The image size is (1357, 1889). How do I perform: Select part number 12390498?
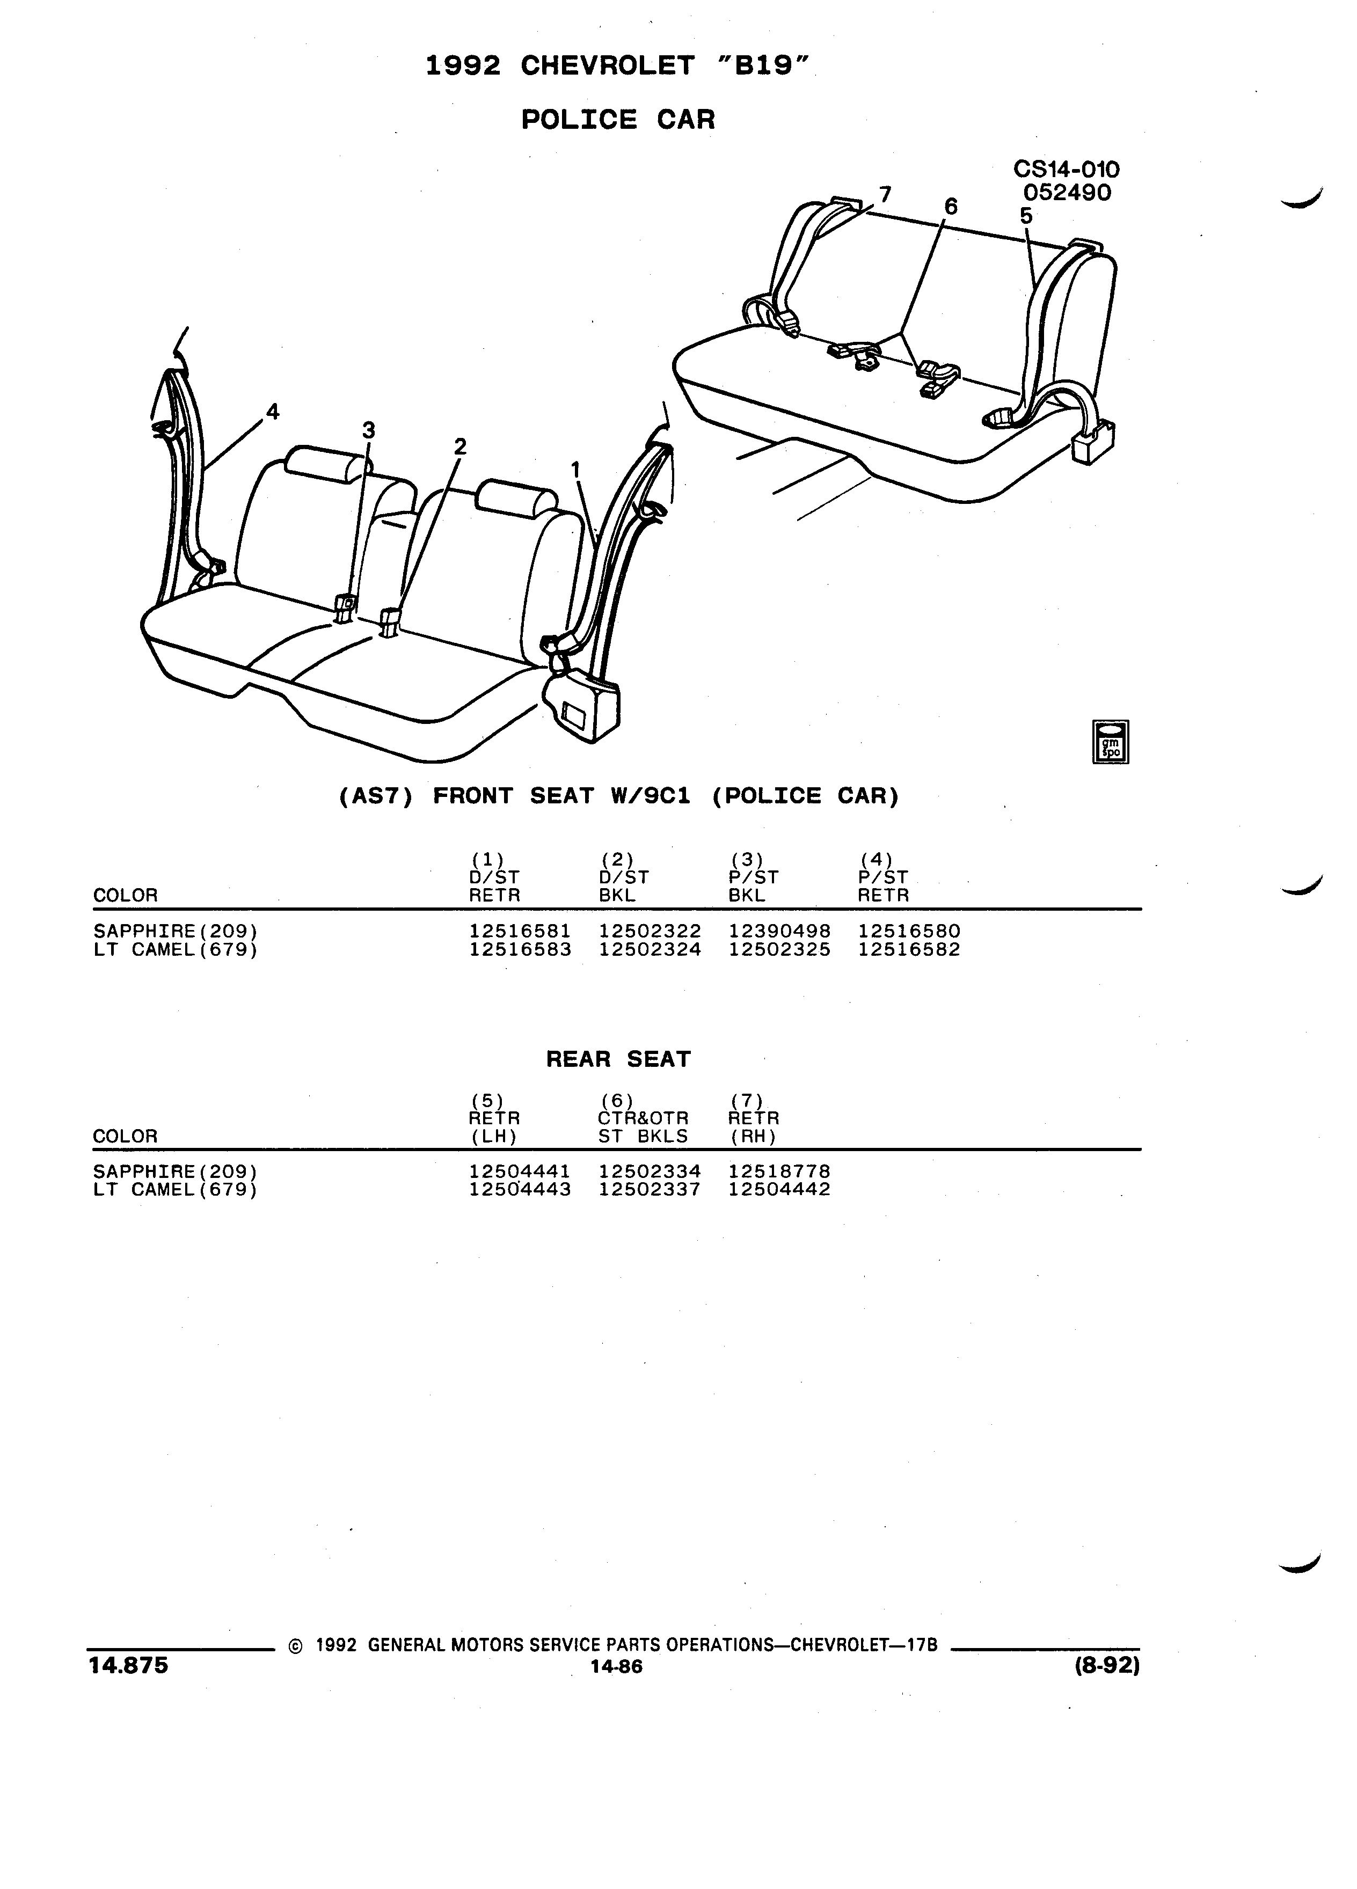(780, 931)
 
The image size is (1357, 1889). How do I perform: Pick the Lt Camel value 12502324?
(650, 949)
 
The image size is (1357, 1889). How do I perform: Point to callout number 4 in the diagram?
(272, 412)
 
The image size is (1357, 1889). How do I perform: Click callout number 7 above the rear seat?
(885, 195)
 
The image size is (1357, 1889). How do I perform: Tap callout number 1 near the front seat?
(575, 471)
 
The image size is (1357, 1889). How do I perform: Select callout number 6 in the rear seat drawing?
(951, 206)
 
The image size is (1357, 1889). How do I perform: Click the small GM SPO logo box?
(1111, 741)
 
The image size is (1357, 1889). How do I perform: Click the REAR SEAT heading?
(618, 1059)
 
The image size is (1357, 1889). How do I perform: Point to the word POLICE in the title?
(579, 120)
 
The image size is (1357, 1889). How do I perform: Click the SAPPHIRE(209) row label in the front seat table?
(170, 931)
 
